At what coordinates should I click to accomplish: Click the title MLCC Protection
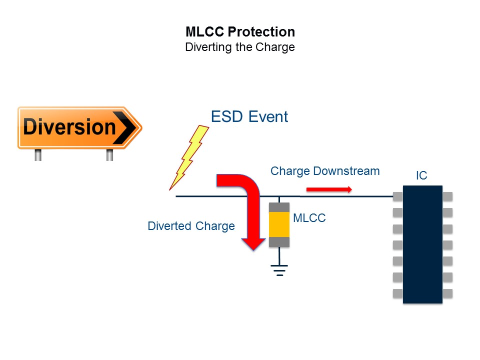(240, 32)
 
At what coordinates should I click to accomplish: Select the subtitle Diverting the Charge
(240, 47)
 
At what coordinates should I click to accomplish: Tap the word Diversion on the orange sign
(69, 126)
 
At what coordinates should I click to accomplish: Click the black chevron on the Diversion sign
(124, 127)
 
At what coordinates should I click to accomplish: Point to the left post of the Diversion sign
(38, 155)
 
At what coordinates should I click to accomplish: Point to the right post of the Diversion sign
(109, 155)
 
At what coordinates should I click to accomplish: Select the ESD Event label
(249, 116)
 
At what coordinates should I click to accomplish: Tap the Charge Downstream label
(325, 171)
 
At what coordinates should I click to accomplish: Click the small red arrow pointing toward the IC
(329, 190)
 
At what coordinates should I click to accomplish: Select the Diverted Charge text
(191, 226)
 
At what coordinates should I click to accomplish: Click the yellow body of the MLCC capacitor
(279, 224)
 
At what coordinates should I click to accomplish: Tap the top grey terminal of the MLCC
(279, 207)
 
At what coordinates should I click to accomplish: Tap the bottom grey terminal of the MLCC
(279, 242)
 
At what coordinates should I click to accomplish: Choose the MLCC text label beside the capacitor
(309, 218)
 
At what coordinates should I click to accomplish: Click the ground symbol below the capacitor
(279, 270)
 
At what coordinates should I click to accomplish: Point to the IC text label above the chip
(421, 175)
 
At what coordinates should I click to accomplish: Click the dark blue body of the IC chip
(423, 244)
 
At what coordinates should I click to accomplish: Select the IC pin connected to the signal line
(398, 196)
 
